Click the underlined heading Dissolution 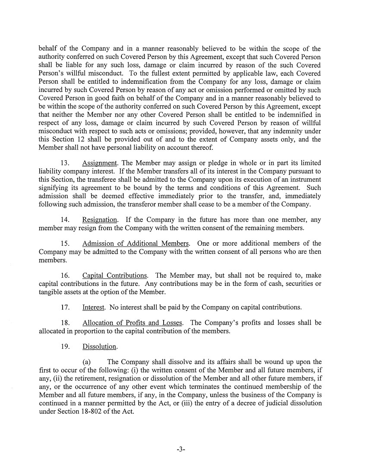pyautogui.click(x=99, y=347)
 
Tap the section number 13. pyautogui.click(x=66, y=163)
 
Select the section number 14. pyautogui.click(x=66, y=220)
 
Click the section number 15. pyautogui.click(x=66, y=243)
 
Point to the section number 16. pyautogui.click(x=66, y=275)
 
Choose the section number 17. pyautogui.click(x=66, y=307)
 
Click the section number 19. pyautogui.click(x=66, y=347)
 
